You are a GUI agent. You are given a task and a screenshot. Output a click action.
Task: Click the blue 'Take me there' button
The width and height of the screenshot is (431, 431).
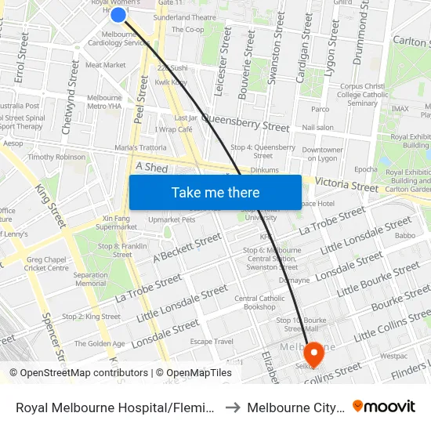215,192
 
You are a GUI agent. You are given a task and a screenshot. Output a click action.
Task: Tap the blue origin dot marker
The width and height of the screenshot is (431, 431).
118,14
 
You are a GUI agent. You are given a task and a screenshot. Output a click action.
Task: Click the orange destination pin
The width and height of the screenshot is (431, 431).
314,354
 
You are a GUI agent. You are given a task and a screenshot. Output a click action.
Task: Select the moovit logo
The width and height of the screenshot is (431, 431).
384,407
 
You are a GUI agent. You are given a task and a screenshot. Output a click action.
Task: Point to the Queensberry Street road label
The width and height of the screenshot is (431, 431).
245,122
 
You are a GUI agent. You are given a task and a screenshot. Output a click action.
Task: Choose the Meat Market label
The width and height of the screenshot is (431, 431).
105,65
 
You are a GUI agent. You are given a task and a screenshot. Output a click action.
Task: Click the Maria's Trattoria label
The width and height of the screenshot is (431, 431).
140,147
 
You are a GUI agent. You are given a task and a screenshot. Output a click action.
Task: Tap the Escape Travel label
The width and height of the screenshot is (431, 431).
212,341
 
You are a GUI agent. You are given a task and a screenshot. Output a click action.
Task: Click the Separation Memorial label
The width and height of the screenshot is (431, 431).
91,279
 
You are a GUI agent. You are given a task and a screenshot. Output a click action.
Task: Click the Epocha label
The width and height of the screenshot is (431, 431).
366,169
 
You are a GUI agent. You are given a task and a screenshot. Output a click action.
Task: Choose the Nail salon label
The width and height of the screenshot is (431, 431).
317,127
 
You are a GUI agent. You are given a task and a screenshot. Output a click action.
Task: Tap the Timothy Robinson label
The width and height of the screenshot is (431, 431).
56,157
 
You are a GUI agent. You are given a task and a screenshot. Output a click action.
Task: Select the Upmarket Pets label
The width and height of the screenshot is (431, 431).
172,219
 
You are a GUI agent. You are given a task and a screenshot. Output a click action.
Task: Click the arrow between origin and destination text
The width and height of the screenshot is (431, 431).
233,407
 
